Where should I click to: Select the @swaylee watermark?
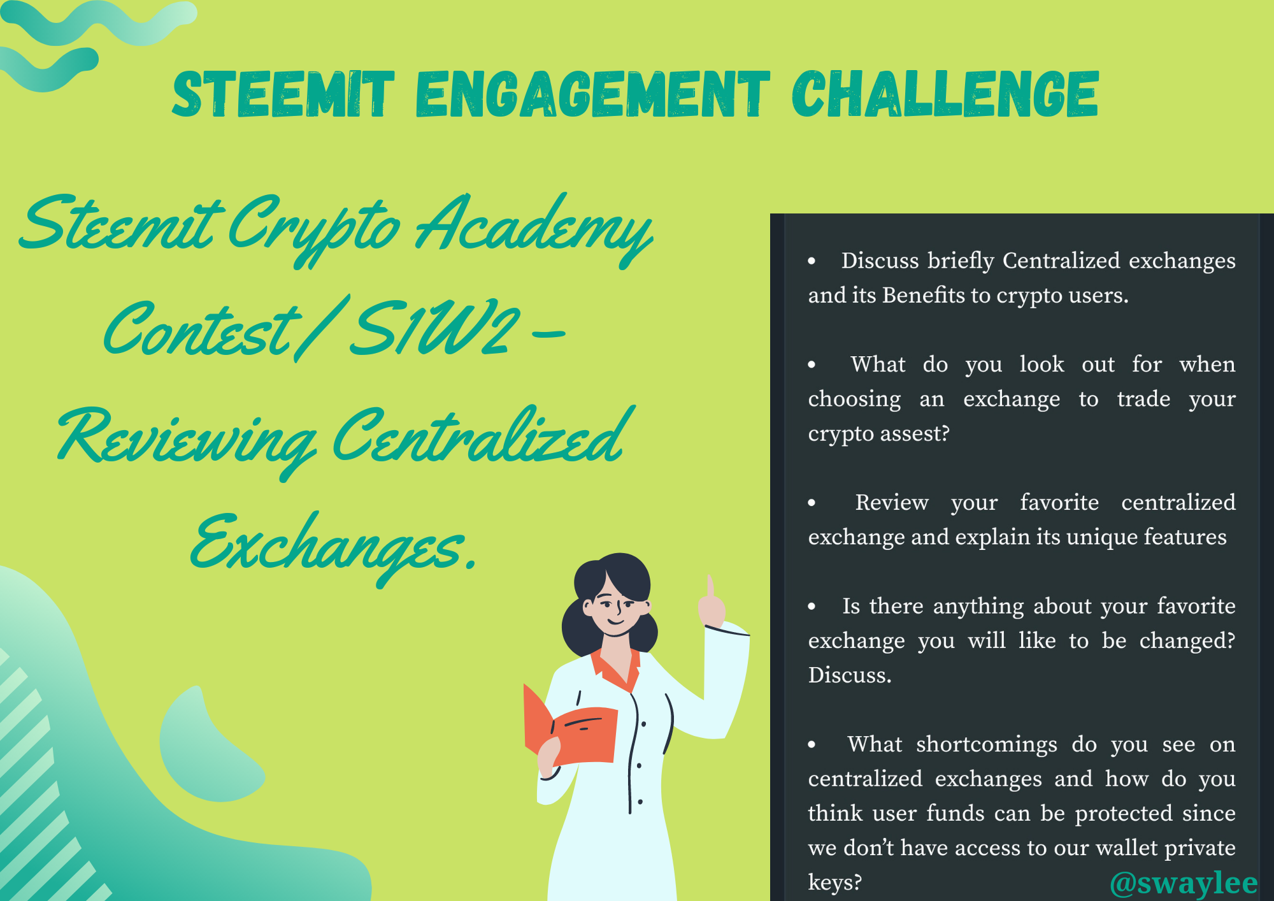click(1184, 883)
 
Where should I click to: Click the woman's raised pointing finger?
click(710, 586)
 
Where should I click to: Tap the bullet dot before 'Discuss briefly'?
click(812, 261)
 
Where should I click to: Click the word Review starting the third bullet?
click(891, 503)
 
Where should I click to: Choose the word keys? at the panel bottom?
click(834, 883)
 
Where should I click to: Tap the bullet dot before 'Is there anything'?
click(812, 607)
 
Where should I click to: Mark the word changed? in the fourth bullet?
click(1187, 641)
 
